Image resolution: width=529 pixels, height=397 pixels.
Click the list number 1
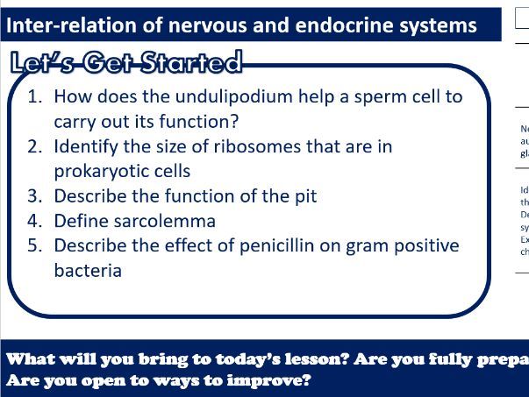click(35, 96)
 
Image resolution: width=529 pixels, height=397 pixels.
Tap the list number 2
click(35, 146)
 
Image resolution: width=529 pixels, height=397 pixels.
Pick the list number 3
click(35, 196)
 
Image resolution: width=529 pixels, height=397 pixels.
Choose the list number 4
click(35, 221)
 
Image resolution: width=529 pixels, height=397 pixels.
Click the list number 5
click(35, 245)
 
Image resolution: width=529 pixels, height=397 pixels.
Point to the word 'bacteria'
click(88, 271)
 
